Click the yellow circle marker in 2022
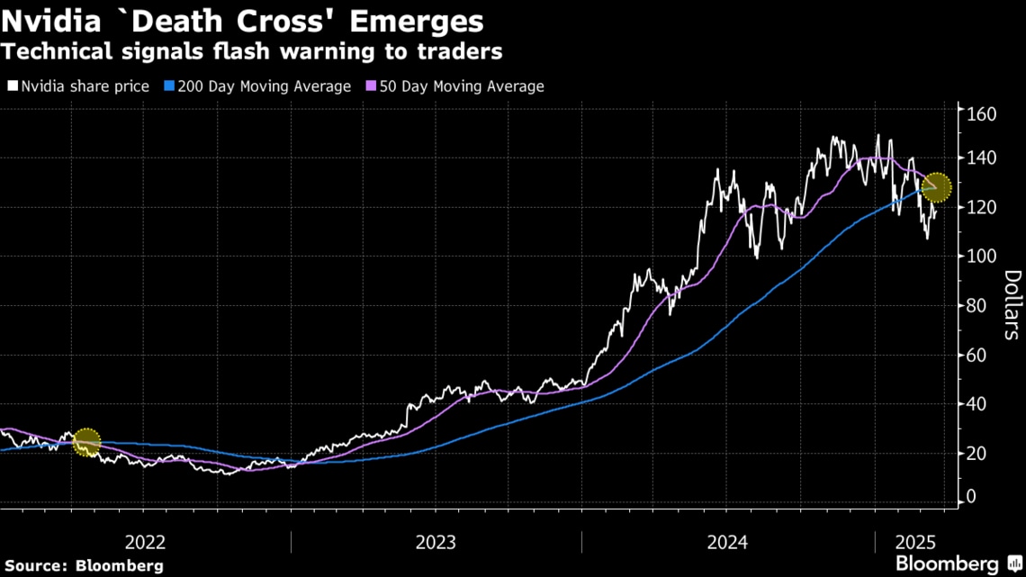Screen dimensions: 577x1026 [86, 442]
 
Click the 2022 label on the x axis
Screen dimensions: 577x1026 [145, 543]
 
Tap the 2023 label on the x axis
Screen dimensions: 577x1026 [436, 543]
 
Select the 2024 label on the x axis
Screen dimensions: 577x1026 [727, 543]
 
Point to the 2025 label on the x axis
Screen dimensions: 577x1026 [916, 543]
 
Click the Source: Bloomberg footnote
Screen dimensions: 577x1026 [83, 565]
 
